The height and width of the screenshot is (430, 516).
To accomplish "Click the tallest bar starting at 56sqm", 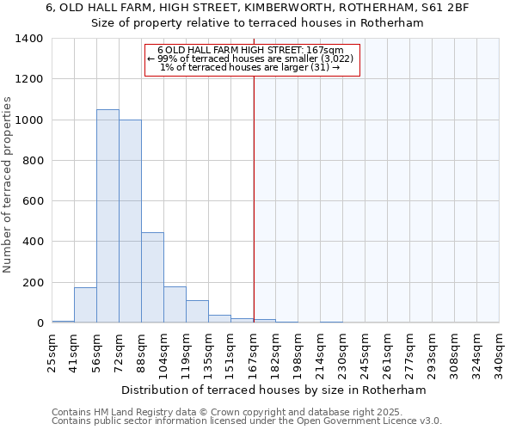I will (107, 216).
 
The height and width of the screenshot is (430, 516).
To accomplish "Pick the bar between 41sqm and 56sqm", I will (85, 304).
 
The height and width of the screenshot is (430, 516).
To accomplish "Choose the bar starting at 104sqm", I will (175, 304).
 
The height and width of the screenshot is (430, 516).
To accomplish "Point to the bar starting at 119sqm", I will (197, 311).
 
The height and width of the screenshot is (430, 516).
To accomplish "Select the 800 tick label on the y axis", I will (33, 161).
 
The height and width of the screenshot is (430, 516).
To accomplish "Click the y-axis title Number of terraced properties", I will (9, 185).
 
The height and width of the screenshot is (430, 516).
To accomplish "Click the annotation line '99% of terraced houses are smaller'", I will (251, 58).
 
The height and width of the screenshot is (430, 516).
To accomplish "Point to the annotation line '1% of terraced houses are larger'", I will (250, 67).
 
